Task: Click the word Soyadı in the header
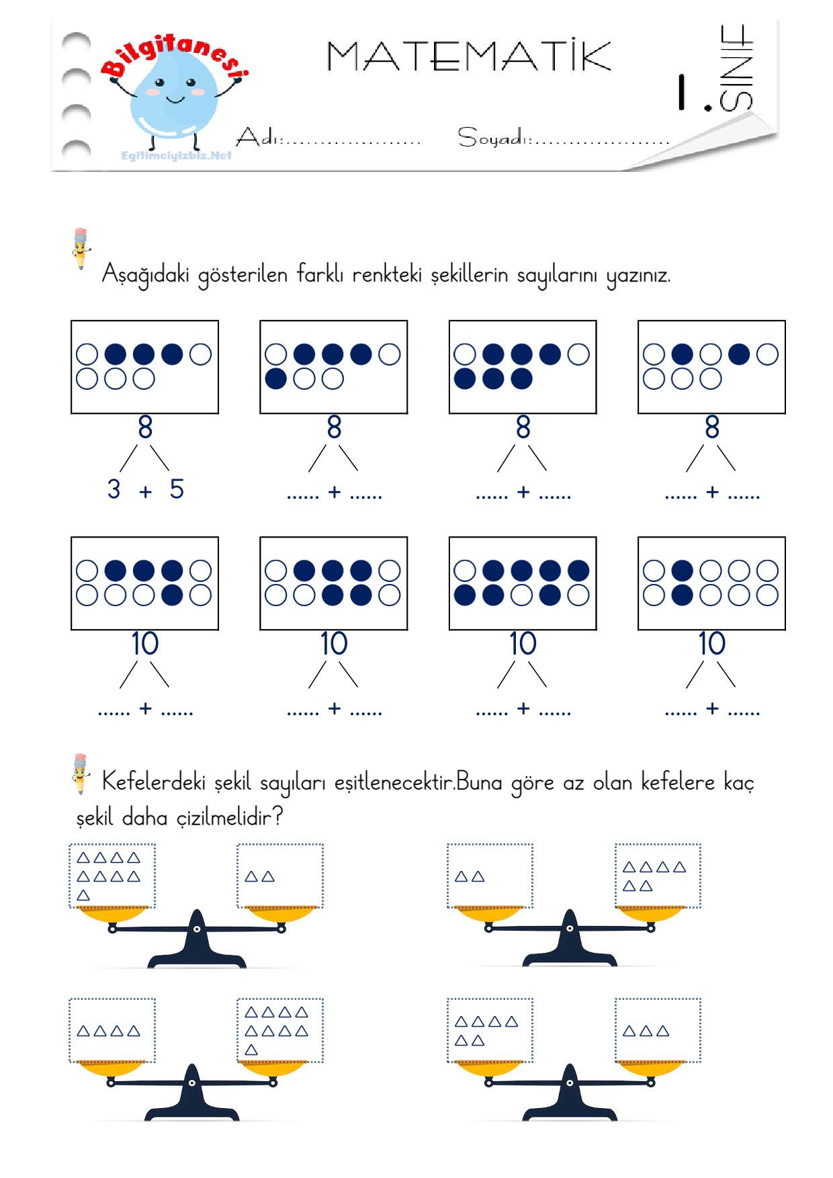pos(494,138)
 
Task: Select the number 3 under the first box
pos(114,489)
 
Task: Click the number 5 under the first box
pos(177,489)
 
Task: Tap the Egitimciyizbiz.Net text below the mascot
pos(177,155)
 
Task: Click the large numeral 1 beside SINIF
pos(684,91)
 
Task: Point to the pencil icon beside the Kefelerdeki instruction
pos(80,773)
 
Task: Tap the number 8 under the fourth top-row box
pos(712,427)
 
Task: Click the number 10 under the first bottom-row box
pos(145,644)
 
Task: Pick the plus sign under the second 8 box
pos(335,492)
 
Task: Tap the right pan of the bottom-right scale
pos(651,1069)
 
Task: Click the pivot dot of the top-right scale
pos(570,928)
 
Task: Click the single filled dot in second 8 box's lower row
pos(276,379)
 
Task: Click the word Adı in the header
pos(258,138)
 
